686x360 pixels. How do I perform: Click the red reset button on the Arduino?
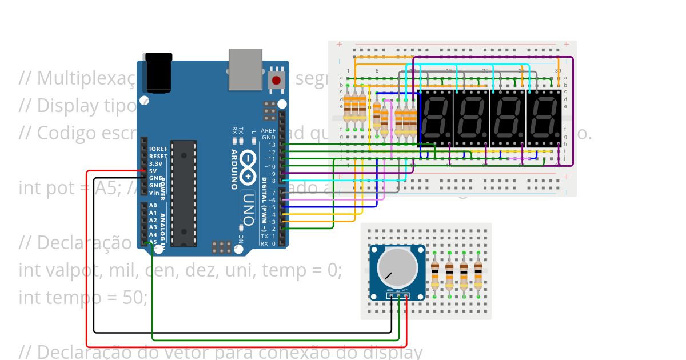[277, 80]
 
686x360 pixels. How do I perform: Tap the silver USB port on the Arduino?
[245, 69]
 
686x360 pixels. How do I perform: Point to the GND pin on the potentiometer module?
[390, 295]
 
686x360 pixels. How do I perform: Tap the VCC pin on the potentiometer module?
[405, 295]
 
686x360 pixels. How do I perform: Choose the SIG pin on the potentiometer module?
[398, 295]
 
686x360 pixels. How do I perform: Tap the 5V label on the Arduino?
[153, 171]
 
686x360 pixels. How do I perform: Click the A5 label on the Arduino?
[153, 242]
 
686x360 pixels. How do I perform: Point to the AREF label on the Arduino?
[269, 131]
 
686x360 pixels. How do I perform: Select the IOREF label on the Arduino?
[158, 149]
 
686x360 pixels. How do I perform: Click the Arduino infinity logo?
[249, 161]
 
